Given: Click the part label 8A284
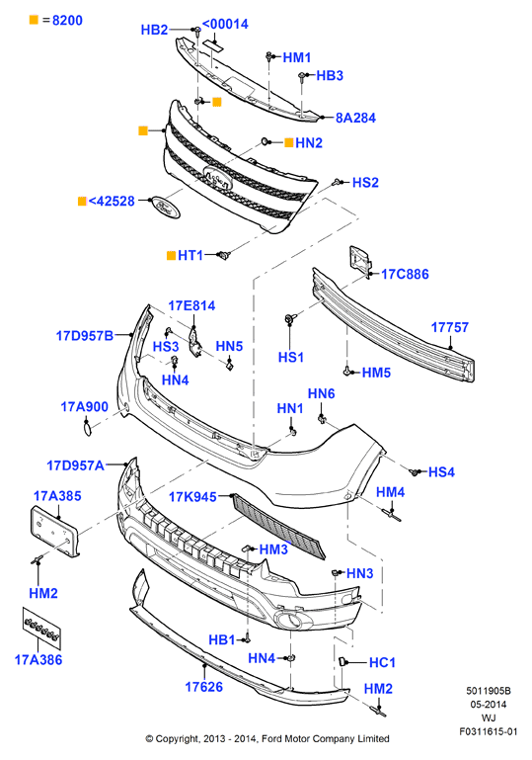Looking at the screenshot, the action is point(355,118).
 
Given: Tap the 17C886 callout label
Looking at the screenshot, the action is point(405,275).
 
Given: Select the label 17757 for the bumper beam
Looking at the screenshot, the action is point(450,328).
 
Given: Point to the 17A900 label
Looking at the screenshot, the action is point(84,406).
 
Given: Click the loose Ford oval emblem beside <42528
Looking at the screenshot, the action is point(166,208).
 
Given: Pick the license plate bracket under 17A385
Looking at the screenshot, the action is point(54,531).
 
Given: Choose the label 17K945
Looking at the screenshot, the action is point(192,497).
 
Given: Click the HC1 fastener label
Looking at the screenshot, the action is point(382,662).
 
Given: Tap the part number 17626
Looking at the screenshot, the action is point(203,687).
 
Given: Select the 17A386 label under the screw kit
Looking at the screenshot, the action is point(38,659).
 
